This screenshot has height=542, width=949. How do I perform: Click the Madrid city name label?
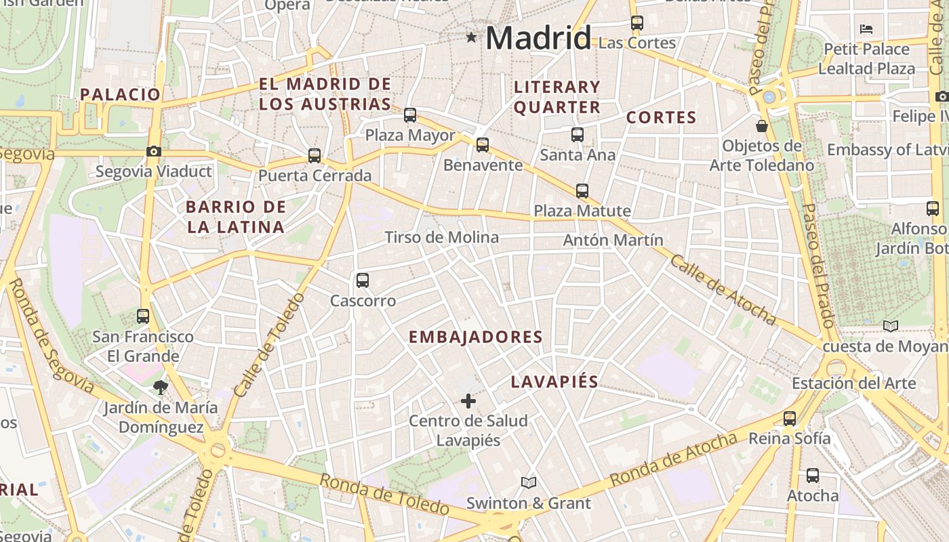click(x=539, y=37)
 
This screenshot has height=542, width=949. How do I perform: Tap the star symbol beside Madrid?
click(x=471, y=37)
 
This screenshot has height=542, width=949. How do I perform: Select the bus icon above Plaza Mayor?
click(x=410, y=115)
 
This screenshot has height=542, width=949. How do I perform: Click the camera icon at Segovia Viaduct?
click(x=154, y=152)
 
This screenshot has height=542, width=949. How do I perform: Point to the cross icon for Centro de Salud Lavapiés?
click(x=468, y=401)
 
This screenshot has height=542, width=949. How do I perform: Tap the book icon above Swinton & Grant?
click(x=529, y=482)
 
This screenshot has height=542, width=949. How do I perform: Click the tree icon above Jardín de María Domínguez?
click(x=161, y=387)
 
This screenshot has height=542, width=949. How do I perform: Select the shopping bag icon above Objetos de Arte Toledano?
click(x=762, y=126)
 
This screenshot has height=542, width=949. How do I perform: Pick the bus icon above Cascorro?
click(x=363, y=280)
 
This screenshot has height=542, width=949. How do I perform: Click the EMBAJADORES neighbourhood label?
click(x=476, y=337)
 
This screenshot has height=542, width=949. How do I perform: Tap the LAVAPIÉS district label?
click(x=554, y=381)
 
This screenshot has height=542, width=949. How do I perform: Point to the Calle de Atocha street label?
click(x=723, y=289)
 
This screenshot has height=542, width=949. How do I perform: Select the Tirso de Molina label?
click(x=441, y=237)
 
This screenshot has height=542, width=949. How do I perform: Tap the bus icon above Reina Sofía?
click(x=790, y=418)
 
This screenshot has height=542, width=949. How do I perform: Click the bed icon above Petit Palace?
click(x=866, y=29)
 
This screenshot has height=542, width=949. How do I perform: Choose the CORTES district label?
click(x=661, y=117)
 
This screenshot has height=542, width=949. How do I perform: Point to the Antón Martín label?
click(x=613, y=240)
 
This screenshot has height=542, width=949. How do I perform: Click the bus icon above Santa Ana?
click(x=578, y=135)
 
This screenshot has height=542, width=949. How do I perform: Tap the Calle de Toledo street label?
click(x=268, y=346)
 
